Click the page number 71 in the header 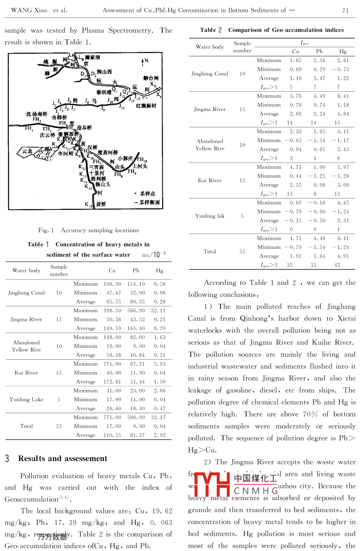tap(346, 10)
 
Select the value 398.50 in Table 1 tap(112, 310)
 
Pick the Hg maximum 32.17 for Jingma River tap(159, 310)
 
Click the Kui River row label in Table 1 tap(26, 373)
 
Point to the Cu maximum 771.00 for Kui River tap(112, 364)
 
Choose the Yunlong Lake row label tap(26, 399)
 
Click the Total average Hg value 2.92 tap(159, 435)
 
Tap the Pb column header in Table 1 tap(136, 270)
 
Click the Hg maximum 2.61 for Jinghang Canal tap(343, 60)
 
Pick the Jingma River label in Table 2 tap(210, 109)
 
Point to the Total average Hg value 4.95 tap(343, 256)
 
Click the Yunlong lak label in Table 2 tap(210, 216)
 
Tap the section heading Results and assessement tap(62, 458)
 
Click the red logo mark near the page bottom tap(212, 484)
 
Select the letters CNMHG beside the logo tap(256, 491)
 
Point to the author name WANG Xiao tap(27, 10)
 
